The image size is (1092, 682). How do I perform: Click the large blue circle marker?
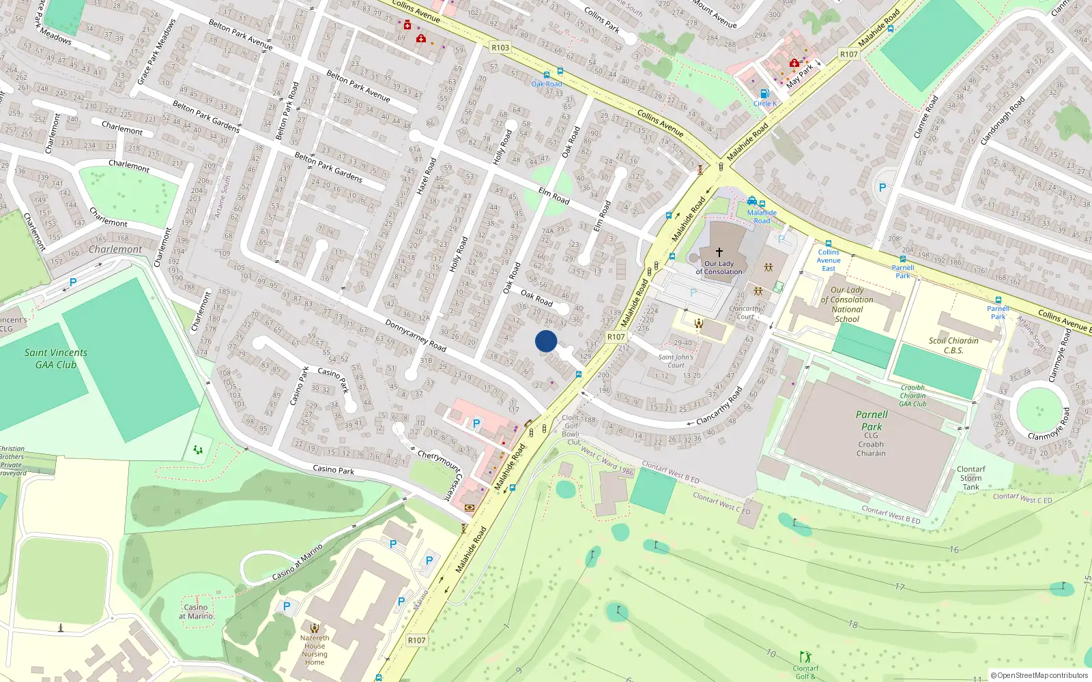546,341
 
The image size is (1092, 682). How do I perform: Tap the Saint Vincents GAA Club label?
56,359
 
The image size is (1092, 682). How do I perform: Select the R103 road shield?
500,48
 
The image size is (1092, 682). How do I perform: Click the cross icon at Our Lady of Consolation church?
719,252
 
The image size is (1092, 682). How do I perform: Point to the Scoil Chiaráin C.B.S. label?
953,346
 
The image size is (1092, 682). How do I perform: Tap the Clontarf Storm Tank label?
971,478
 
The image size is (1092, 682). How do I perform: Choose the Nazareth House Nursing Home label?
315,650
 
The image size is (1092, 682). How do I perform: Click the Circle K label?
765,104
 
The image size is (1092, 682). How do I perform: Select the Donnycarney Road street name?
416,336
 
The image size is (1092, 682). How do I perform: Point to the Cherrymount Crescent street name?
440,472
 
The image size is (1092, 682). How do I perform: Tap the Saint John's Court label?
676,361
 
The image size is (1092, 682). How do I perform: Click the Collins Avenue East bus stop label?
829,260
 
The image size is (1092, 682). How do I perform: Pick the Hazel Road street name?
426,176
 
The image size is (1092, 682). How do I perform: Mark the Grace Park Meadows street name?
156,52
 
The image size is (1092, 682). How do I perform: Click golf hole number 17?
900,587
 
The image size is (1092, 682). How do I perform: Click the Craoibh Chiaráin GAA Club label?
913,396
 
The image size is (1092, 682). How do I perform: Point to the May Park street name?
800,76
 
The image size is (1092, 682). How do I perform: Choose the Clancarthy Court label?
745,312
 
